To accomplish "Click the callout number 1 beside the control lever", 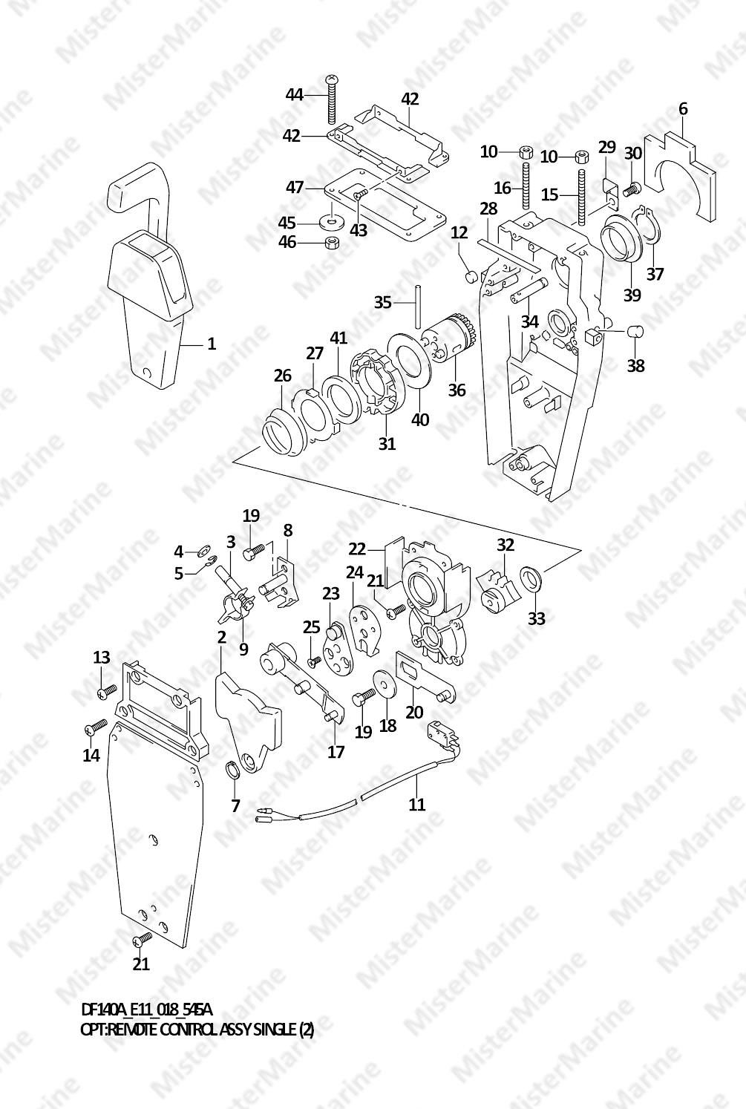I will [212, 344].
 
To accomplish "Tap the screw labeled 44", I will [331, 100].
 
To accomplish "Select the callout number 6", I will [683, 109].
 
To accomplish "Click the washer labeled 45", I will [330, 222].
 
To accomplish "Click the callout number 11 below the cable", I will [417, 803].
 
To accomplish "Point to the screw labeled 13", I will [104, 692].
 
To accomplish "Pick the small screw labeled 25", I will [315, 660].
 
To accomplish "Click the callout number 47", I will [295, 187].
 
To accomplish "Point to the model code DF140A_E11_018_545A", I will [146, 1010].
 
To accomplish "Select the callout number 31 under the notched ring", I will [387, 444].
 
